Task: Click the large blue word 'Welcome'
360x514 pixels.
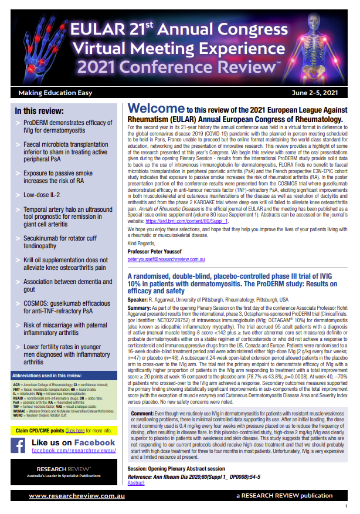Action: tap(155, 109)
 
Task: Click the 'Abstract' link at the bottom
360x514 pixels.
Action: tap(135, 483)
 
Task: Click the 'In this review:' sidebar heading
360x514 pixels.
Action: tap(43, 110)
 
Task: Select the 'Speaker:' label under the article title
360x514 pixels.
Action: tap(138, 299)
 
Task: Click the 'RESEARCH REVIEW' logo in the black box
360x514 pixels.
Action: tap(63, 453)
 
